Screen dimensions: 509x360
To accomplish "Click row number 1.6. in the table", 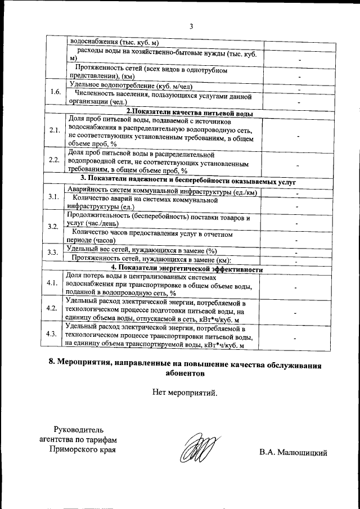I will point(55,92).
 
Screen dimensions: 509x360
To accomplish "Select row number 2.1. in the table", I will point(55,130).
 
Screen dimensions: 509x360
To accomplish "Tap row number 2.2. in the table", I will point(55,160).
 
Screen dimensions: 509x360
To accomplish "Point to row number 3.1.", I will point(55,197).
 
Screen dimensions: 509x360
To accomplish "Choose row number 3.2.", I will point(55,226).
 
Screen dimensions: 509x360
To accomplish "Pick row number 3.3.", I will point(55,251).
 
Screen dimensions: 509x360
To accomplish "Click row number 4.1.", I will point(55,283).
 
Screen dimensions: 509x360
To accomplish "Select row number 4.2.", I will point(55,308).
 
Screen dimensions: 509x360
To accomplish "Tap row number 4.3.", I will point(55,334).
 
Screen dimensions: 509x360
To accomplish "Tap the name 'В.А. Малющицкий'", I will point(293,452).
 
